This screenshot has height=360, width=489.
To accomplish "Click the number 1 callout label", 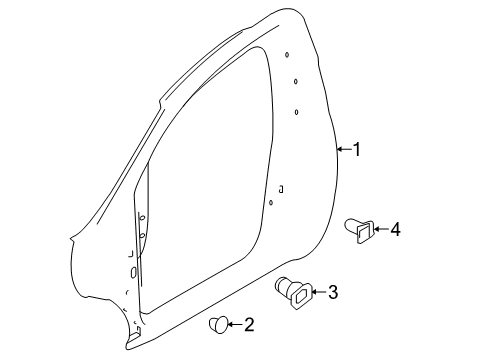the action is pos(356,149).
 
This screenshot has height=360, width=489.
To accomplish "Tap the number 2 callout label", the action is pos(248,324).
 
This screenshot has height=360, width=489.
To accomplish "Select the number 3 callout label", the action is pos(332,293).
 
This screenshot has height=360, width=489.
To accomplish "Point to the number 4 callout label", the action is pos(394,230).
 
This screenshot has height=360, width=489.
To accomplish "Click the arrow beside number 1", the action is pos(342,149).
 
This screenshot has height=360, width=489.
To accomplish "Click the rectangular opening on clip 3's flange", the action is pos(300,295).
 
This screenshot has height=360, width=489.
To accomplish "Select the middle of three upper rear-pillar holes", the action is pos(296,82).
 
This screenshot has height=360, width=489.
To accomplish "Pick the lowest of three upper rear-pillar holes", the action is pos(297,111).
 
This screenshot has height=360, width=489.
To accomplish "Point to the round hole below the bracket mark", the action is pos(271,203).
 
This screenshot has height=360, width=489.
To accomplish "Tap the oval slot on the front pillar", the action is pos(134,272).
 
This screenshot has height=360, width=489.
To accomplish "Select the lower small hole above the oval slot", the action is pos(141,236).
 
